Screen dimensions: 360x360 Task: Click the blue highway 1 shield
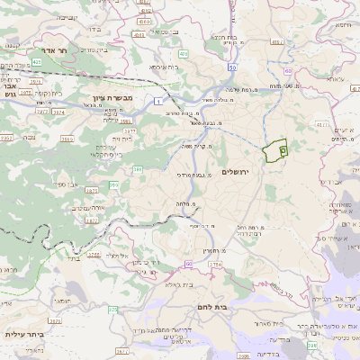[x=158, y=102]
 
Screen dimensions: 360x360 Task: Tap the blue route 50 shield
[x=232, y=67]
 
